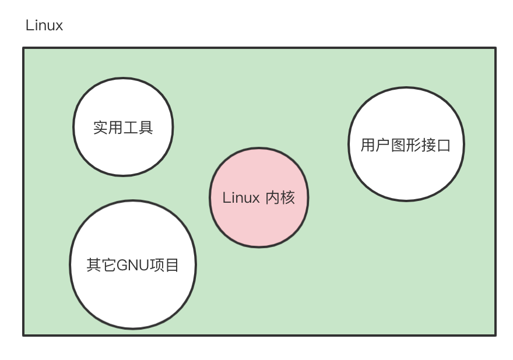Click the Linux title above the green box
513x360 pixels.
[x=44, y=26]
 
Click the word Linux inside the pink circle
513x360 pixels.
[x=241, y=198]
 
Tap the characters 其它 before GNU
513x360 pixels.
[x=101, y=266]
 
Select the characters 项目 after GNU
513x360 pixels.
[x=164, y=266]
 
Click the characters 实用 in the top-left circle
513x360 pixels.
[x=108, y=127]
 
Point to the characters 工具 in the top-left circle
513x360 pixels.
[x=138, y=127]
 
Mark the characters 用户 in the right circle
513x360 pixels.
[x=375, y=144]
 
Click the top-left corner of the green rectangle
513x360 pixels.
[x=24, y=48]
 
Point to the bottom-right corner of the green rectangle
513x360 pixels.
[x=495, y=335]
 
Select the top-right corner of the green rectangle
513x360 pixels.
[x=495, y=48]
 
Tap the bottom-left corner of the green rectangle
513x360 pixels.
[x=24, y=335]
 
